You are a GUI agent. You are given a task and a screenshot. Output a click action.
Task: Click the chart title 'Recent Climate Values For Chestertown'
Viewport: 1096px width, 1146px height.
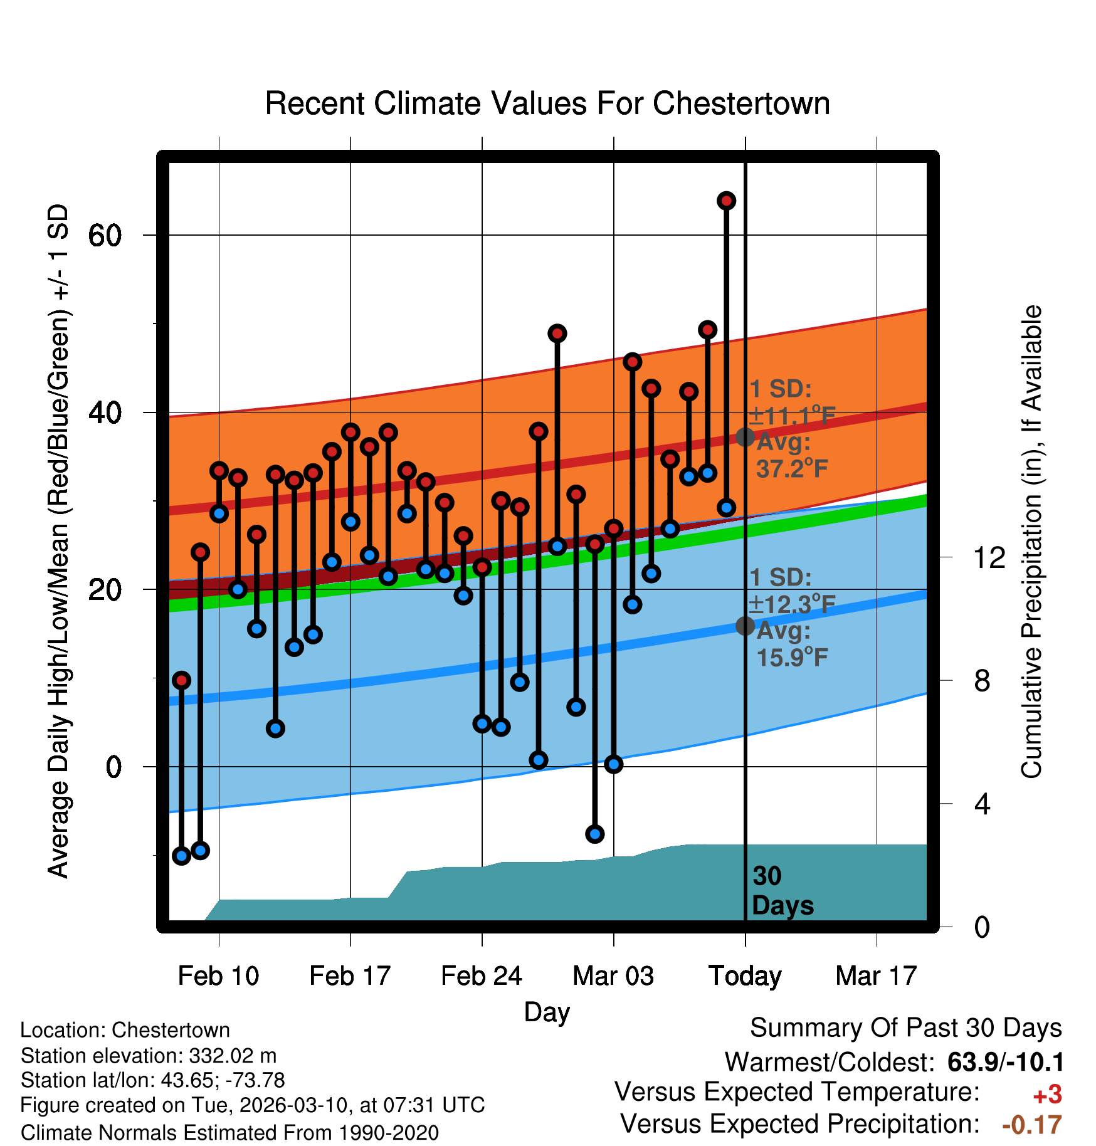pyautogui.click(x=547, y=103)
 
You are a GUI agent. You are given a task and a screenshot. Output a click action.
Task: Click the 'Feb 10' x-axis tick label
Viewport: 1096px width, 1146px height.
pyautogui.click(x=218, y=975)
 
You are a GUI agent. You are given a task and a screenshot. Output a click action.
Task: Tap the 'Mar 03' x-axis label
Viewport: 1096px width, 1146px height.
pyautogui.click(x=613, y=975)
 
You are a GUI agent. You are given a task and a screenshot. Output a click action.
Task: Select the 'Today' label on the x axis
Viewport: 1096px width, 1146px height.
pyautogui.click(x=745, y=975)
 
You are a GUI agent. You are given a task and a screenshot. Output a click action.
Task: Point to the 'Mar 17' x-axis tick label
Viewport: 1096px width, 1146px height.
pyautogui.click(x=876, y=975)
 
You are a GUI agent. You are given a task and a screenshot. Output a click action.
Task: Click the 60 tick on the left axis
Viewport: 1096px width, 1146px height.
pyautogui.click(x=105, y=236)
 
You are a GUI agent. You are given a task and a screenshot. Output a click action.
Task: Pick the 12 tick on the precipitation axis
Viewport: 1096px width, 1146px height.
pyautogui.click(x=989, y=557)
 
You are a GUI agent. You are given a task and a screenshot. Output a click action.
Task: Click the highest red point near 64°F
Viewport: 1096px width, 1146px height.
pyautogui.click(x=726, y=201)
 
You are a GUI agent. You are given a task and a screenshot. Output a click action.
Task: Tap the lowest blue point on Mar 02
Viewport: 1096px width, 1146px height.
pyautogui.click(x=594, y=834)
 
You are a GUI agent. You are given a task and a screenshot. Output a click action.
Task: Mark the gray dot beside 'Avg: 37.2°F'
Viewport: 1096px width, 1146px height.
pyautogui.click(x=745, y=437)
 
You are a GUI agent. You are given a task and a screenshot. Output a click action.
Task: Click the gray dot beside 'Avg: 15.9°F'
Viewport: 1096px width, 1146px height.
pyautogui.click(x=745, y=626)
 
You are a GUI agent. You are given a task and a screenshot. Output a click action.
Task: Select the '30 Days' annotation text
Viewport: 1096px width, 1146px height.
pyautogui.click(x=782, y=891)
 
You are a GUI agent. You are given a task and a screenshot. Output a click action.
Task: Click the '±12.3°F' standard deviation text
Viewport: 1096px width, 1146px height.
pyautogui.click(x=792, y=604)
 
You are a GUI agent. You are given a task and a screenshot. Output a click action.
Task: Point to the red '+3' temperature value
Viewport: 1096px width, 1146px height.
pyautogui.click(x=1047, y=1095)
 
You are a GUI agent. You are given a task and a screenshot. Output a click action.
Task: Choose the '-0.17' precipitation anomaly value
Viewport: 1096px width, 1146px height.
pyautogui.click(x=1032, y=1125)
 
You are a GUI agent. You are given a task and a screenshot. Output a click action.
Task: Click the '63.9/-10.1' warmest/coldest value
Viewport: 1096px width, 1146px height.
pyautogui.click(x=1005, y=1062)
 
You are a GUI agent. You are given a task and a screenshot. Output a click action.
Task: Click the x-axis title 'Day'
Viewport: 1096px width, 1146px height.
pyautogui.click(x=547, y=1011)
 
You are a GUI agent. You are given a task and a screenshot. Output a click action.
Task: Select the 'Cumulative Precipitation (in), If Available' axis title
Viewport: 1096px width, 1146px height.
pyautogui.click(x=1031, y=542)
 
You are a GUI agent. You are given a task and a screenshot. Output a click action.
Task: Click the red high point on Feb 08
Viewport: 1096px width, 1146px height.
pyautogui.click(x=181, y=680)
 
